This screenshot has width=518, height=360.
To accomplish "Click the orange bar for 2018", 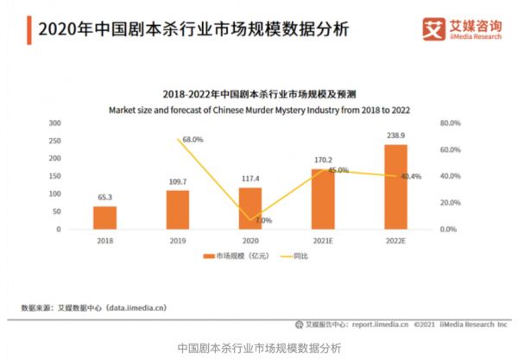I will (x=104, y=218).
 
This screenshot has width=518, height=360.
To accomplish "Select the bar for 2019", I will (x=177, y=210).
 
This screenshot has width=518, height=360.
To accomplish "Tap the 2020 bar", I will (x=250, y=208).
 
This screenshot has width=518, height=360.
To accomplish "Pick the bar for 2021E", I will (x=323, y=199).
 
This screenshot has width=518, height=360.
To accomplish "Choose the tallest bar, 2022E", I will (x=395, y=186).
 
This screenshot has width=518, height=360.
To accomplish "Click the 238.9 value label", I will (x=396, y=137).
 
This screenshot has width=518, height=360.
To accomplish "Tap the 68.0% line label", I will (x=193, y=139).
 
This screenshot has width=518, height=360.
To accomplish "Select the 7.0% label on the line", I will (x=263, y=220).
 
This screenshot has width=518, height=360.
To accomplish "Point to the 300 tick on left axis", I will (x=54, y=123).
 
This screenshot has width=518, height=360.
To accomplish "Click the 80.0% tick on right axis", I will (x=451, y=123).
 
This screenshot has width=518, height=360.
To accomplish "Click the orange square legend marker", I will (x=207, y=256).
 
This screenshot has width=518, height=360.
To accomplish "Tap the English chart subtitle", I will (x=259, y=110).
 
